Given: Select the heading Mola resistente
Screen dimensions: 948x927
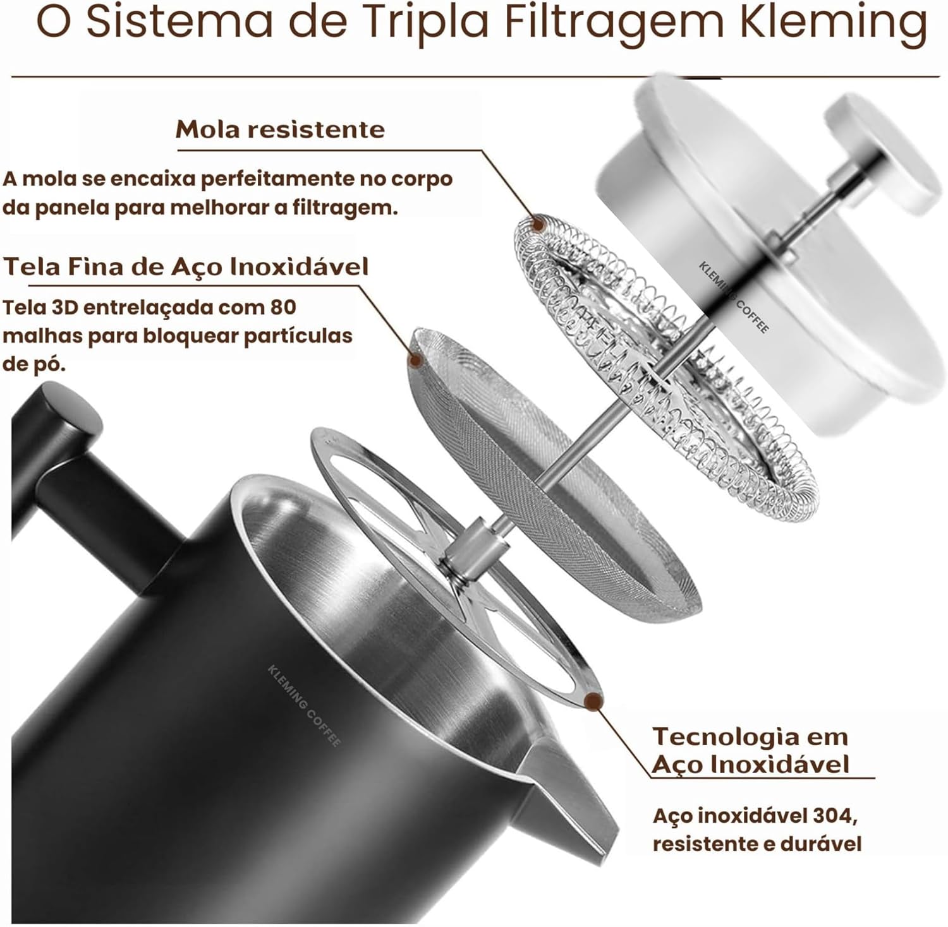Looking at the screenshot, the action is coord(280,129).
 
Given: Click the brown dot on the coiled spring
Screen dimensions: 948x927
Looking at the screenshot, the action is coord(538,224).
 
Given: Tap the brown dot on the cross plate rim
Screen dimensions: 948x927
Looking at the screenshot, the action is coord(593,700).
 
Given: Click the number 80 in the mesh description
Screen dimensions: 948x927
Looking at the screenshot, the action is coord(283,307).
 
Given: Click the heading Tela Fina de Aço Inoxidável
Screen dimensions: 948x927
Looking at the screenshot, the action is coord(186,266).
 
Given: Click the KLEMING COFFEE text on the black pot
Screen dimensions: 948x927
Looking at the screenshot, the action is coord(304,705).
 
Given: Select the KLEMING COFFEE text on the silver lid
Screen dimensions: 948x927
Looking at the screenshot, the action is coord(734,297).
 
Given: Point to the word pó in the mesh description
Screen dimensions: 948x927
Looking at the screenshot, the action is coord(52,364).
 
